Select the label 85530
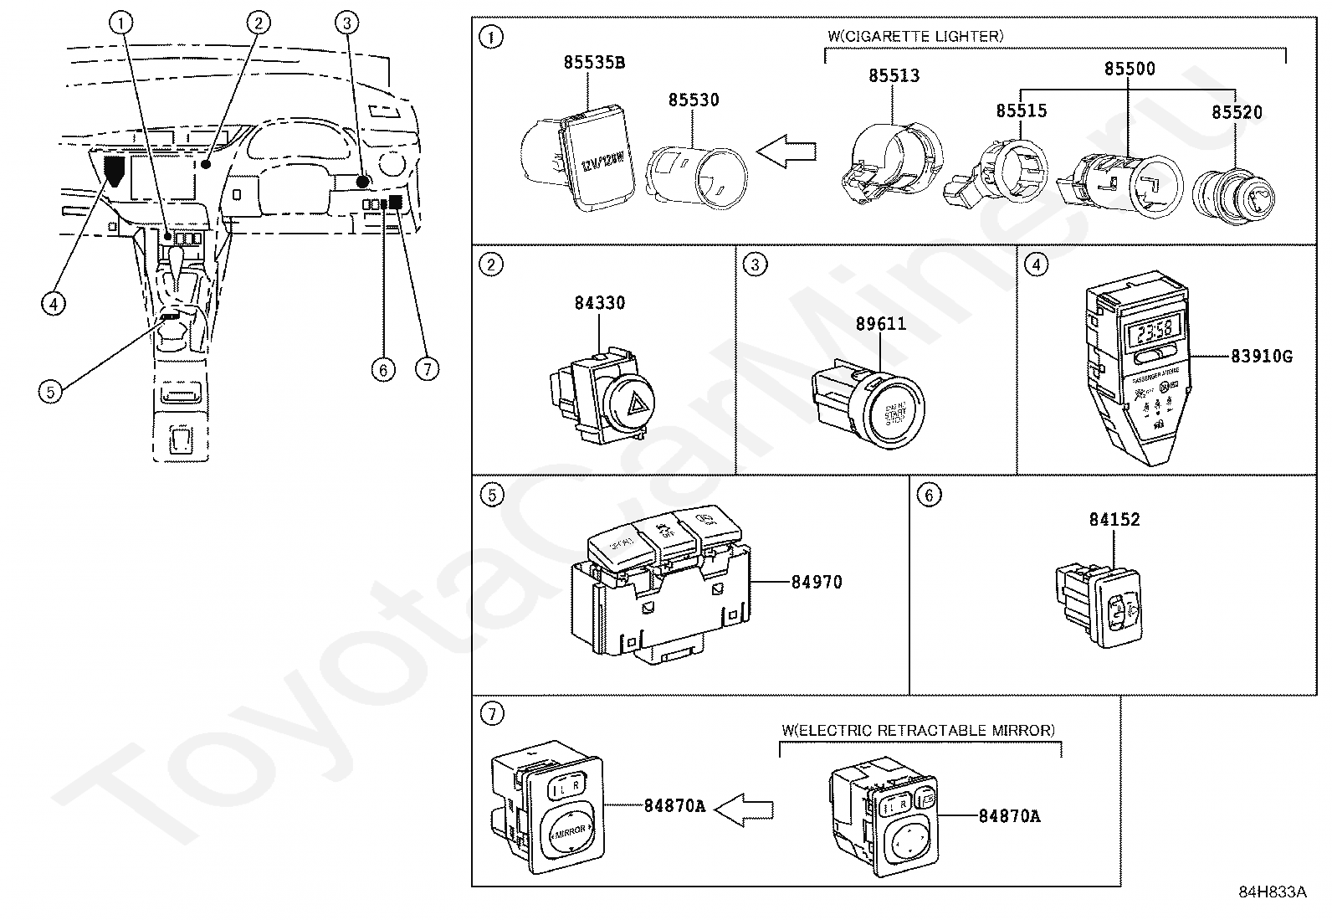pyautogui.click(x=693, y=100)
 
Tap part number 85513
pyautogui.click(x=894, y=75)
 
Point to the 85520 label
pyautogui.click(x=1237, y=112)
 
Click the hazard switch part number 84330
pyautogui.click(x=599, y=303)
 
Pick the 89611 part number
pyautogui.click(x=880, y=324)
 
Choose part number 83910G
pyautogui.click(x=1261, y=357)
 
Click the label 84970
pyautogui.click(x=817, y=582)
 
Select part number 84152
pyautogui.click(x=1114, y=519)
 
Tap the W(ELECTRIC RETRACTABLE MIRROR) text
pyautogui.click(x=918, y=731)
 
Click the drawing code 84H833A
pyautogui.click(x=1272, y=892)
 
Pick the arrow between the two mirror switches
pyautogui.click(x=745, y=809)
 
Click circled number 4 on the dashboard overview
pyautogui.click(x=53, y=302)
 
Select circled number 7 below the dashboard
pyautogui.click(x=427, y=368)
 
